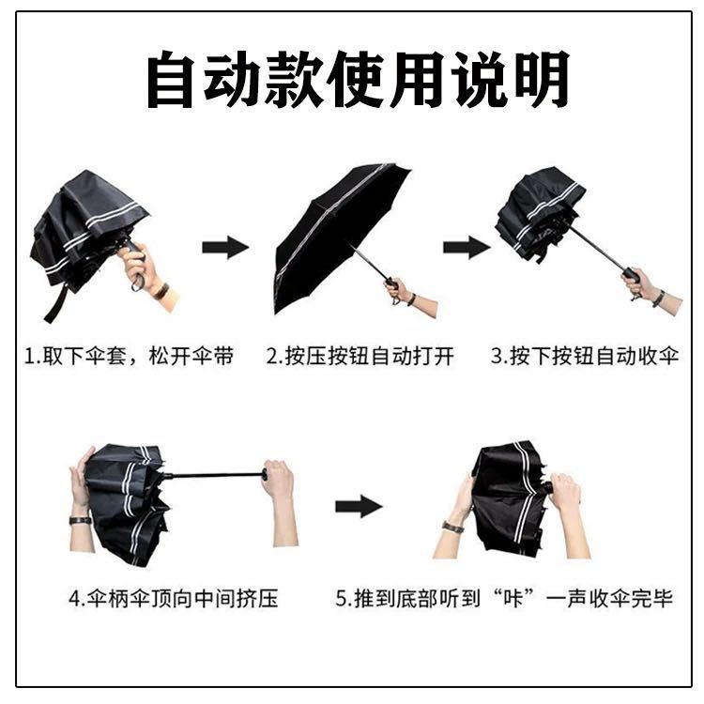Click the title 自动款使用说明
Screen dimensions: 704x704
357,80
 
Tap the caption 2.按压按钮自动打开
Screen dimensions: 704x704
360,357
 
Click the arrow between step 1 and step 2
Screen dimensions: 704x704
225,248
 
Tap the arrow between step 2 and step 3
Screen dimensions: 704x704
467,248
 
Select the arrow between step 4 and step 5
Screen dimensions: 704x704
359,507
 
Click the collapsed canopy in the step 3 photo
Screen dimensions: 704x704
539,214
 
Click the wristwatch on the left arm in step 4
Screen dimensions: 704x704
80,519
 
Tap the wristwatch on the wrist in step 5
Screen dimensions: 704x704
452,527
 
